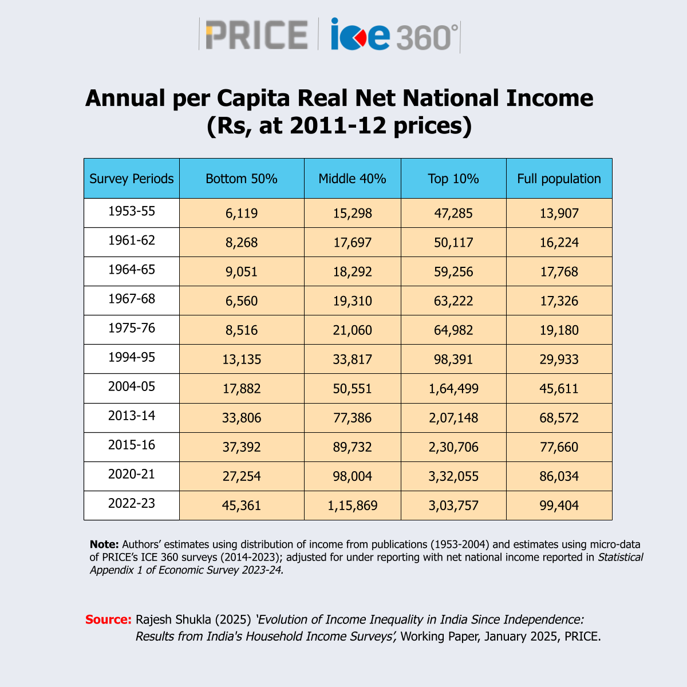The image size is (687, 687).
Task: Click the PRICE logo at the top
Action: click(x=256, y=34)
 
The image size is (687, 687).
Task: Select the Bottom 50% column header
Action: click(x=242, y=179)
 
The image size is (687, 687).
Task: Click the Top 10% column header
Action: click(x=453, y=179)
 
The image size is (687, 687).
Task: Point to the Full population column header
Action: click(x=559, y=179)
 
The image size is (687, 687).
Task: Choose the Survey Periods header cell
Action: click(x=132, y=179)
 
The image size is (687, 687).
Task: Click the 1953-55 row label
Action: click(x=132, y=211)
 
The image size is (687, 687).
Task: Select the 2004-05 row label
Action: click(x=132, y=386)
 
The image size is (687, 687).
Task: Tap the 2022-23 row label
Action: click(x=132, y=503)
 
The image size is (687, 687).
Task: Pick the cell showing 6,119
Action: click(x=242, y=213)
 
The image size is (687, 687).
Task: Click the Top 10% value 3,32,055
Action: click(x=453, y=476)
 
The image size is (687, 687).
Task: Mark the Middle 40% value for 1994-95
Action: click(x=352, y=360)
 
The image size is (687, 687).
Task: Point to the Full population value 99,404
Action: click(x=559, y=506)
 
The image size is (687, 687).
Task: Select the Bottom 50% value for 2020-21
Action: click(x=242, y=476)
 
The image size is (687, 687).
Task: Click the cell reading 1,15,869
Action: click(x=352, y=506)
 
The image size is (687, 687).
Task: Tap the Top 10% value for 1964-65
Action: click(x=453, y=272)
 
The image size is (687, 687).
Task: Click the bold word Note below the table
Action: click(x=104, y=544)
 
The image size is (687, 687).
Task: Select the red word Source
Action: click(x=108, y=619)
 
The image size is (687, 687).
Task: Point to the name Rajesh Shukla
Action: click(x=173, y=620)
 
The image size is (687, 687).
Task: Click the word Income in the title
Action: click(x=550, y=98)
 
